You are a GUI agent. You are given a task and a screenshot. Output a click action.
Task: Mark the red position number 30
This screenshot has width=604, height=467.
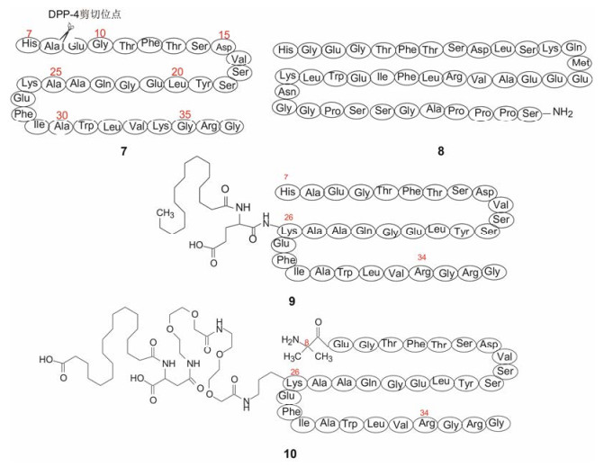tap(62, 116)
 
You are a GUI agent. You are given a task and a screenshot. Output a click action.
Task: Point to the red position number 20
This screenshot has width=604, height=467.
tap(177, 71)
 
